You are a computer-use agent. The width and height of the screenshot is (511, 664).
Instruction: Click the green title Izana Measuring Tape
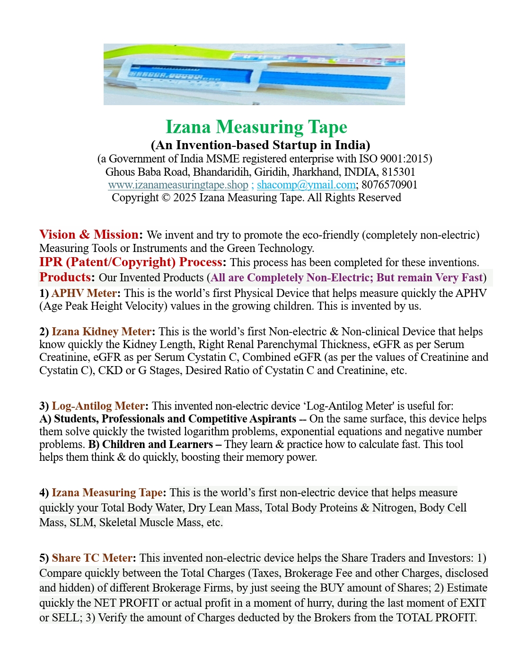(x=256, y=127)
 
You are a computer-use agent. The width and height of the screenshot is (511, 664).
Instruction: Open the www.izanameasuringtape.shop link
(x=178, y=185)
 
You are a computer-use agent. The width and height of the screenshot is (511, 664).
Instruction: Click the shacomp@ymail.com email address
(x=306, y=185)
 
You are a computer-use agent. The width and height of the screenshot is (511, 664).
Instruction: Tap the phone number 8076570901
(x=389, y=185)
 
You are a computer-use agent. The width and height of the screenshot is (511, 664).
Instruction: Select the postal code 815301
(x=398, y=172)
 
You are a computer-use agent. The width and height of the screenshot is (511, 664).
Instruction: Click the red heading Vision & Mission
(x=89, y=235)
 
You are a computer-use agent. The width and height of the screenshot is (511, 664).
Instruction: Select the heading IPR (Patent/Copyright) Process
(x=131, y=262)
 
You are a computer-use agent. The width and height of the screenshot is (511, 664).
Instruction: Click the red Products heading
(x=66, y=278)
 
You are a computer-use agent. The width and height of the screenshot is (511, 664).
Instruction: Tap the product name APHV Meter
(x=84, y=293)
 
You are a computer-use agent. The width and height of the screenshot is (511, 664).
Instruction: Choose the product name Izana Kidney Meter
(x=101, y=332)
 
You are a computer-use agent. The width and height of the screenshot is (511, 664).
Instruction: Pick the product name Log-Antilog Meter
(x=98, y=406)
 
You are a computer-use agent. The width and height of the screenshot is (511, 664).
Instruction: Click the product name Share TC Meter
(x=92, y=558)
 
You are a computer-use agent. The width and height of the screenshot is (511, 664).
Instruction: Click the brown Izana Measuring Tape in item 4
(x=107, y=493)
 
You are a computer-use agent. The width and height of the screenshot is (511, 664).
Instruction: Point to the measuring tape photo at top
(x=254, y=74)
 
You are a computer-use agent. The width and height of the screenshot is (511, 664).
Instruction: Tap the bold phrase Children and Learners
(x=158, y=444)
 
